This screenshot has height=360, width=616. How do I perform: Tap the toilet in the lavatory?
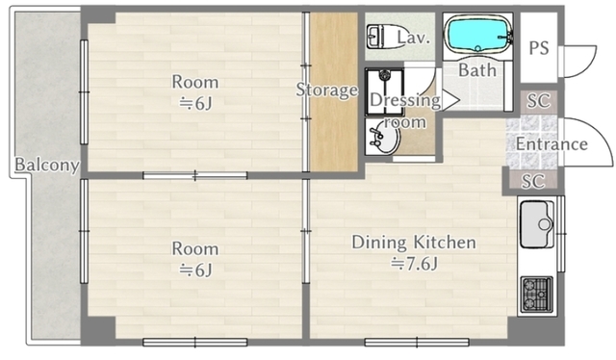[381, 37]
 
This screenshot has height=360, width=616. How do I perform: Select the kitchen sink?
[537, 224]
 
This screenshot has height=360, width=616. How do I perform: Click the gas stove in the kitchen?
[537, 295]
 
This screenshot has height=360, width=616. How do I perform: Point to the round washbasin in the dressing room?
[383, 138]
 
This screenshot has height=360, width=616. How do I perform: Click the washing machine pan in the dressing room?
[385, 92]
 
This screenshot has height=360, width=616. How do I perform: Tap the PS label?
[539, 48]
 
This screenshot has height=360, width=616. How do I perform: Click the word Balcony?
[47, 165]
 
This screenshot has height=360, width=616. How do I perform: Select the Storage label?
[327, 90]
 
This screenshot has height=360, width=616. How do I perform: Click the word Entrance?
[552, 143]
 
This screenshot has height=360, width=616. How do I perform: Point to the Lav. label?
[413, 38]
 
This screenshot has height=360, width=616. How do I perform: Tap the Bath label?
[477, 70]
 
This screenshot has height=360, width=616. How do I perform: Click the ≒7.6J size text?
[414, 264]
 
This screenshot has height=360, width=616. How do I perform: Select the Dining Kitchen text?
[414, 243]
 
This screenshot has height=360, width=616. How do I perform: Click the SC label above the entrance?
[538, 101]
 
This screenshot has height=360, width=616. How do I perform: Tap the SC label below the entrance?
[533, 181]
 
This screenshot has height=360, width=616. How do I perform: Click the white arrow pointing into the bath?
[449, 100]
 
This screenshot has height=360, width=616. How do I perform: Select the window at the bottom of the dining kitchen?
[417, 343]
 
